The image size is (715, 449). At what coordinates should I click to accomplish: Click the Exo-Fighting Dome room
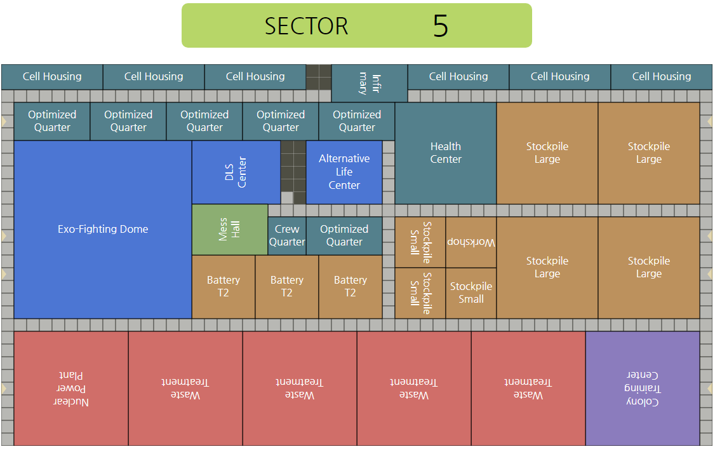tap(103, 230)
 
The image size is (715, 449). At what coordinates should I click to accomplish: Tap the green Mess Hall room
tap(230, 230)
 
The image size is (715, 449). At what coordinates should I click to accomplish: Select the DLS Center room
tap(236, 172)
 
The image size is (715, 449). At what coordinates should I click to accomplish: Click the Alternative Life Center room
tap(344, 172)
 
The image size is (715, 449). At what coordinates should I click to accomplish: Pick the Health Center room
tap(446, 153)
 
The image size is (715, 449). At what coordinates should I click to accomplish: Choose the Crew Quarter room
tap(287, 236)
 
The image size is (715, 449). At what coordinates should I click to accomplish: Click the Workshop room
tap(471, 242)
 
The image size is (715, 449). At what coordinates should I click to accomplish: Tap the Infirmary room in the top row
tap(370, 83)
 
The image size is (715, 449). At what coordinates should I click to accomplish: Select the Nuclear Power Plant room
tap(71, 389)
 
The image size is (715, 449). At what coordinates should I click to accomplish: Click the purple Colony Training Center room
tap(643, 389)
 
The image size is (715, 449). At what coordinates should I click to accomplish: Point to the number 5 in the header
tap(440, 26)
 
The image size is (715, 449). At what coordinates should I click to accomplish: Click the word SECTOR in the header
tap(306, 26)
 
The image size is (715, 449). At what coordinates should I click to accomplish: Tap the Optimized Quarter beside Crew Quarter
tap(344, 236)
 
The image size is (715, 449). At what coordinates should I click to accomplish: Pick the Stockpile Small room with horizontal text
tap(471, 293)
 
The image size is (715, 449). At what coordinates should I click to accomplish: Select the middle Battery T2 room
tap(287, 287)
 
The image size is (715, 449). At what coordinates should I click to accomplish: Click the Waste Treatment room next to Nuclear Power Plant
tap(185, 389)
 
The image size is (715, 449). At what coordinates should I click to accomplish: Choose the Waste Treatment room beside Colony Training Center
tap(528, 389)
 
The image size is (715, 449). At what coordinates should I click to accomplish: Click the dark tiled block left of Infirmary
tap(319, 77)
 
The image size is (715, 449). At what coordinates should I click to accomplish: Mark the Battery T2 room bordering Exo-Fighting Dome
tap(224, 287)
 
